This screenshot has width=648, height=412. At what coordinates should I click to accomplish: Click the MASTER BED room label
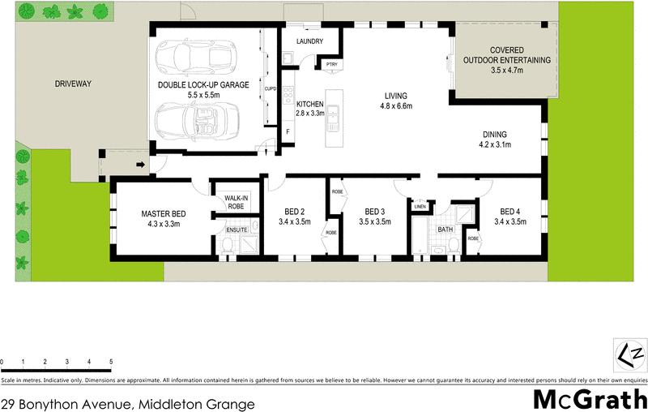click(164, 213)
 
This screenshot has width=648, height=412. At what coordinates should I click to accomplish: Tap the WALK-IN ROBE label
click(236, 202)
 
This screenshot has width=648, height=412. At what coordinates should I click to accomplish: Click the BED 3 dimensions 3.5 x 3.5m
click(374, 221)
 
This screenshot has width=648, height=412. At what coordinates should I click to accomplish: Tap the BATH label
click(446, 230)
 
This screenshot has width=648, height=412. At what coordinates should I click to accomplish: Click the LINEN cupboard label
click(419, 207)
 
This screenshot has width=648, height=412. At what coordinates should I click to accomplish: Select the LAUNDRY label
click(310, 41)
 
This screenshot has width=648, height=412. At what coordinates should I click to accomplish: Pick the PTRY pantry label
click(331, 64)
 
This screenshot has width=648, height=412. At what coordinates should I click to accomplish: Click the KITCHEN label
click(310, 105)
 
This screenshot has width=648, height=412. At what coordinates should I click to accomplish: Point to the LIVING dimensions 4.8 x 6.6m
click(398, 106)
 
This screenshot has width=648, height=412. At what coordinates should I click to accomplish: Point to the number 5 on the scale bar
click(111, 361)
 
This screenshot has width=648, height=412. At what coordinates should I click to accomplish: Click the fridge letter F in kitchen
click(287, 131)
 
